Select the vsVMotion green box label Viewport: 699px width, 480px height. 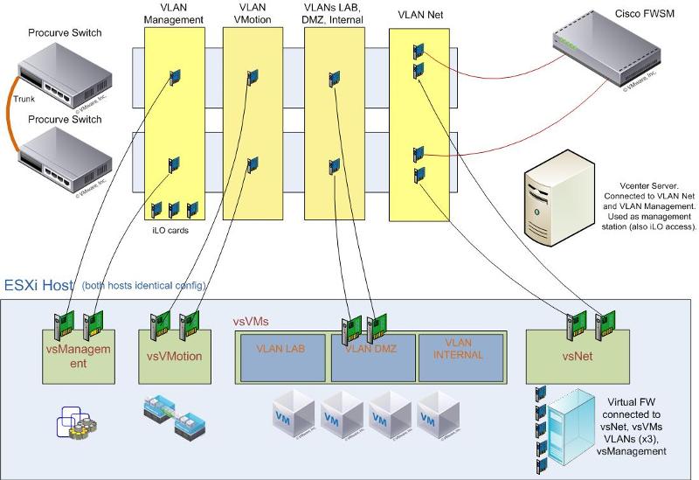(x=173, y=356)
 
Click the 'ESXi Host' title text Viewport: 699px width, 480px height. (x=39, y=284)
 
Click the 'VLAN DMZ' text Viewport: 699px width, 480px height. (x=371, y=349)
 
